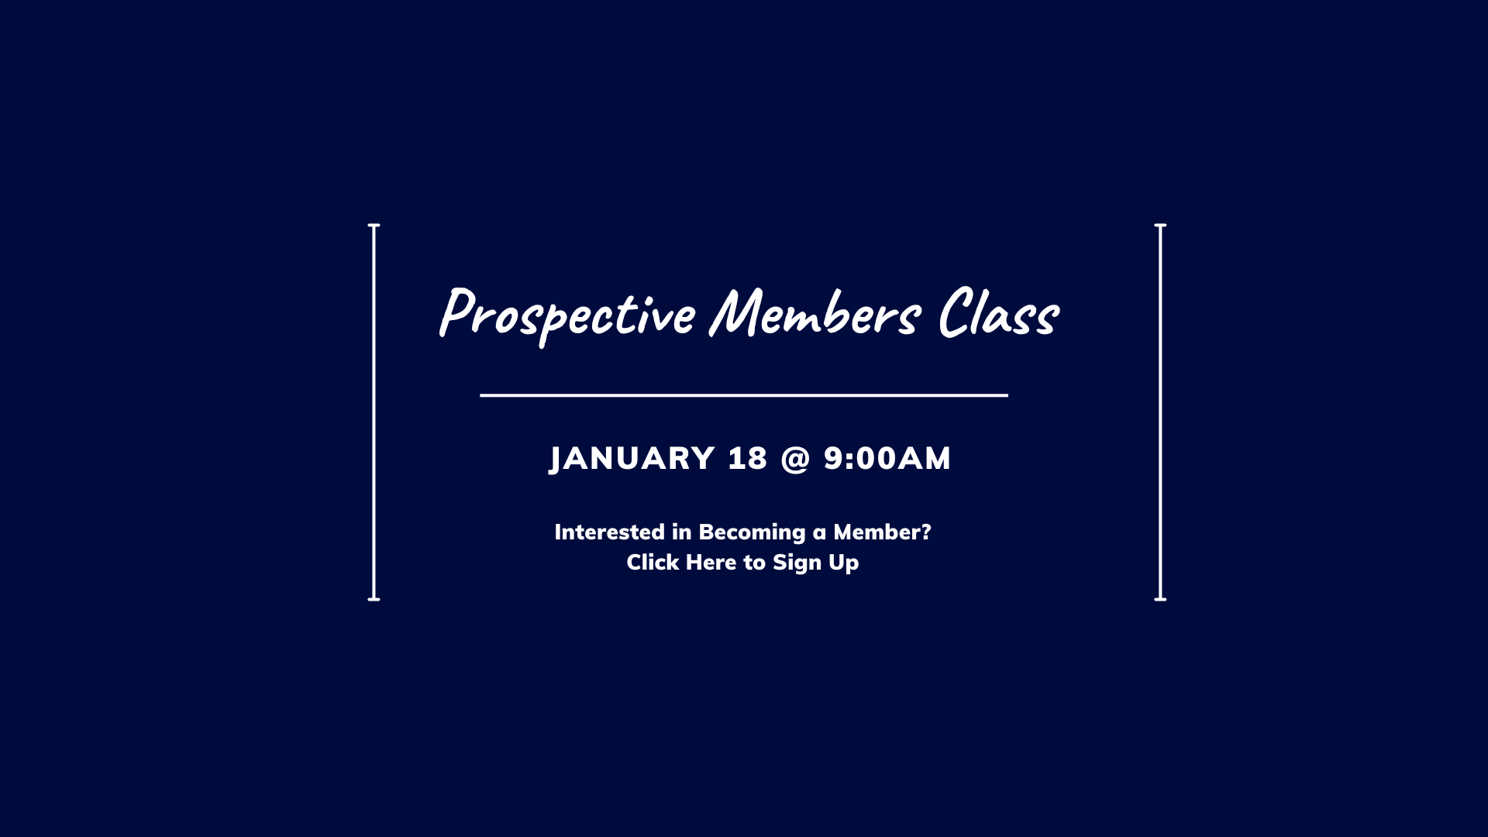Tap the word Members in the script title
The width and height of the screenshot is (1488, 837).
tap(815, 312)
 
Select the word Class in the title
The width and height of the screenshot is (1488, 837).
tap(998, 312)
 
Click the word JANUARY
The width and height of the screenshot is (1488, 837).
tap(632, 459)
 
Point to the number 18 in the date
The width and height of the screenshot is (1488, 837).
tap(748, 458)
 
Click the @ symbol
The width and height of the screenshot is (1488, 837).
tap(795, 459)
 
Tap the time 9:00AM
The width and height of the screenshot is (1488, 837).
tap(887, 458)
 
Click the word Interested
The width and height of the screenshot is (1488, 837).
tap(610, 532)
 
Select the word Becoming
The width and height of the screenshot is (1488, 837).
tap(753, 532)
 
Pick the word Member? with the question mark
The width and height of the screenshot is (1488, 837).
tap(882, 532)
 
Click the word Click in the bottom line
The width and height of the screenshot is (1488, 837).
tap(653, 562)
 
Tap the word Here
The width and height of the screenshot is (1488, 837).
tap(711, 562)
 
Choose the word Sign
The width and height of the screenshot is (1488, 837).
tap(797, 563)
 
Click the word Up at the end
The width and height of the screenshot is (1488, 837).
tap(844, 563)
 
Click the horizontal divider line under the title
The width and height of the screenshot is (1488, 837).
tap(744, 395)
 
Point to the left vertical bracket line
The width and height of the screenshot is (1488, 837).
tap(374, 412)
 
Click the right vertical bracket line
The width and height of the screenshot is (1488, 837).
tap(1160, 412)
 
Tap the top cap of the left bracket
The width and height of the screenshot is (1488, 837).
tap(374, 226)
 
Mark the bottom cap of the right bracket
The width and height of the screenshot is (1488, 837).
tap(1160, 599)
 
